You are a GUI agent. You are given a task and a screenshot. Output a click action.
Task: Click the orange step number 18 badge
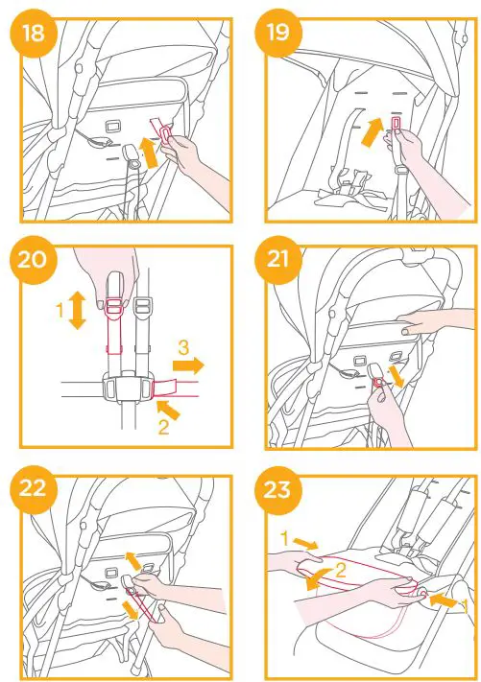(34, 33)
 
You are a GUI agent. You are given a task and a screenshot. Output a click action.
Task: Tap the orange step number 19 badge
(278, 33)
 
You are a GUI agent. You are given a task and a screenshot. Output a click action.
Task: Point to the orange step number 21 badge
(278, 259)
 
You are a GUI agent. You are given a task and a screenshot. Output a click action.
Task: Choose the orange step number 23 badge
(278, 488)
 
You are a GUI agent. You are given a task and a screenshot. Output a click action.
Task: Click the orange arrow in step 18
(150, 153)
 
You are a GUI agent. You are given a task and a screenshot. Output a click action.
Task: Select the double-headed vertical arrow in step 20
(78, 310)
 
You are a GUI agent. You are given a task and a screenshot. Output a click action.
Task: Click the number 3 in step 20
(183, 347)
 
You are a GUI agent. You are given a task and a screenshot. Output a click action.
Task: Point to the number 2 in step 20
(163, 428)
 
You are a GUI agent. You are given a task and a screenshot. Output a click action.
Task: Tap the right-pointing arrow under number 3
(188, 365)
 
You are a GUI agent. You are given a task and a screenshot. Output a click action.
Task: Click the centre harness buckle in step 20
(128, 386)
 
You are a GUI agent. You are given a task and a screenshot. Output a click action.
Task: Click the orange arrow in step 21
(397, 377)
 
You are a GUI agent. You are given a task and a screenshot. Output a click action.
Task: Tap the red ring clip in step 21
(377, 383)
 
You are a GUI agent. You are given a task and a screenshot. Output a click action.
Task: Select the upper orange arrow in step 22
(132, 560)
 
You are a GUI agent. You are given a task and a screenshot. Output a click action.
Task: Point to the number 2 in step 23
(341, 570)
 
